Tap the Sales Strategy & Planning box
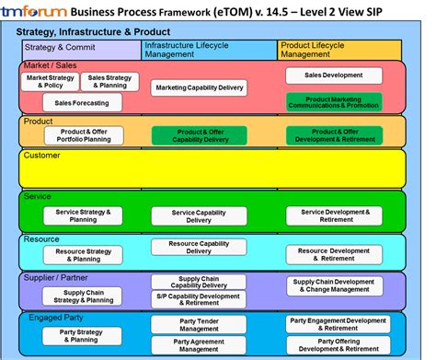tap(109, 82)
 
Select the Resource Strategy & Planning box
tap(83, 253)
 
